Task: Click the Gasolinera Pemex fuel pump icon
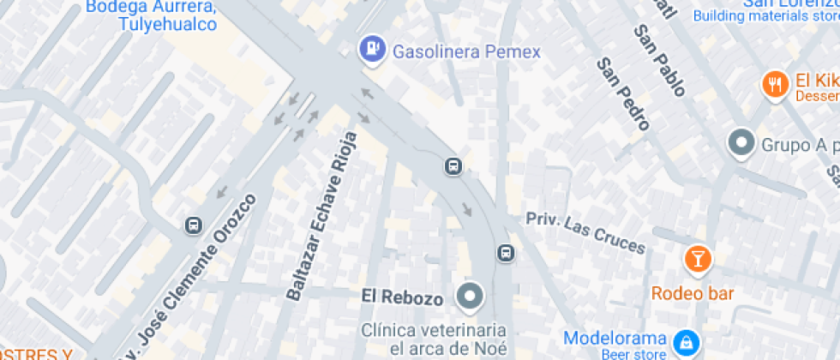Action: pyautogui.click(x=371, y=50)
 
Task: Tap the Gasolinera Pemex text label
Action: pyautogui.click(x=466, y=52)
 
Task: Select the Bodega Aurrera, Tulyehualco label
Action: pyautogui.click(x=163, y=15)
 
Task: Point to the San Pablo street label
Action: pyautogui.click(x=659, y=60)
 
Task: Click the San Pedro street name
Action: pyautogui.click(x=622, y=93)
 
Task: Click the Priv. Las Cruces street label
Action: pyautogui.click(x=585, y=232)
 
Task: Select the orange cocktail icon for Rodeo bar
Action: pyautogui.click(x=698, y=258)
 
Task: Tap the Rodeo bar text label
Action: pyautogui.click(x=693, y=293)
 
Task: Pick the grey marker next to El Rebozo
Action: pyautogui.click(x=470, y=297)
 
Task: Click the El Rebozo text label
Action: pyautogui.click(x=402, y=298)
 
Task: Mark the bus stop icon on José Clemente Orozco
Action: pyautogui.click(x=194, y=225)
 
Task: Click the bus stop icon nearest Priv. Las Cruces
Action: pyautogui.click(x=506, y=253)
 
